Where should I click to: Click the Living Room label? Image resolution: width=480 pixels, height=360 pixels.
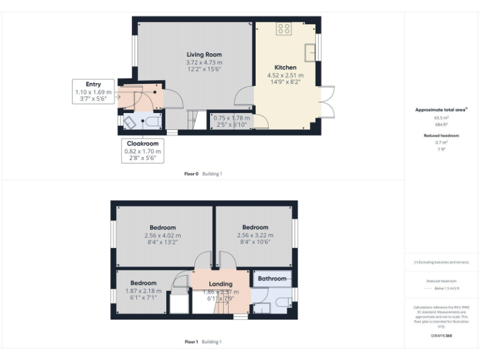click(204, 55)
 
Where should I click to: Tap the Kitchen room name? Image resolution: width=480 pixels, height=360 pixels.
click(285, 67)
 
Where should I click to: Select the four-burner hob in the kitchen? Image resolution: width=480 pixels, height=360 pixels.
click(284, 28)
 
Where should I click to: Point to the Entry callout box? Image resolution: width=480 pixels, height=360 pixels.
click(92, 91)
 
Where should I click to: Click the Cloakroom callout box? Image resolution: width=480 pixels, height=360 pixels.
click(142, 151)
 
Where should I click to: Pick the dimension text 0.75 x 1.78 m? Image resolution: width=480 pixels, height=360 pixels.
click(231, 117)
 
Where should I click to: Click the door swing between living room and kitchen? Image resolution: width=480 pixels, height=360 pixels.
click(244, 97)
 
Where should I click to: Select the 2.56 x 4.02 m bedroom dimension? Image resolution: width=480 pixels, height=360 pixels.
click(162, 235)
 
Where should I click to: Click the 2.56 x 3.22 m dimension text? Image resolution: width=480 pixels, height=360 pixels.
click(255, 235)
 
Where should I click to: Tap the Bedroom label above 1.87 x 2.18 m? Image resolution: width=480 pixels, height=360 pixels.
click(144, 283)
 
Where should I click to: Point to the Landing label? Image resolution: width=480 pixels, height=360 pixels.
click(221, 284)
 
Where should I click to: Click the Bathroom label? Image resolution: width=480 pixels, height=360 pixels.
click(272, 279)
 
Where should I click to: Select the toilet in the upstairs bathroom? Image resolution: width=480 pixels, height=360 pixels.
click(283, 303)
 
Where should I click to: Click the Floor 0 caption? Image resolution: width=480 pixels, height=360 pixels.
click(192, 174)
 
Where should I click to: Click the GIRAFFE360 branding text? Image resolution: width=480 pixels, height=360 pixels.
click(441, 336)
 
